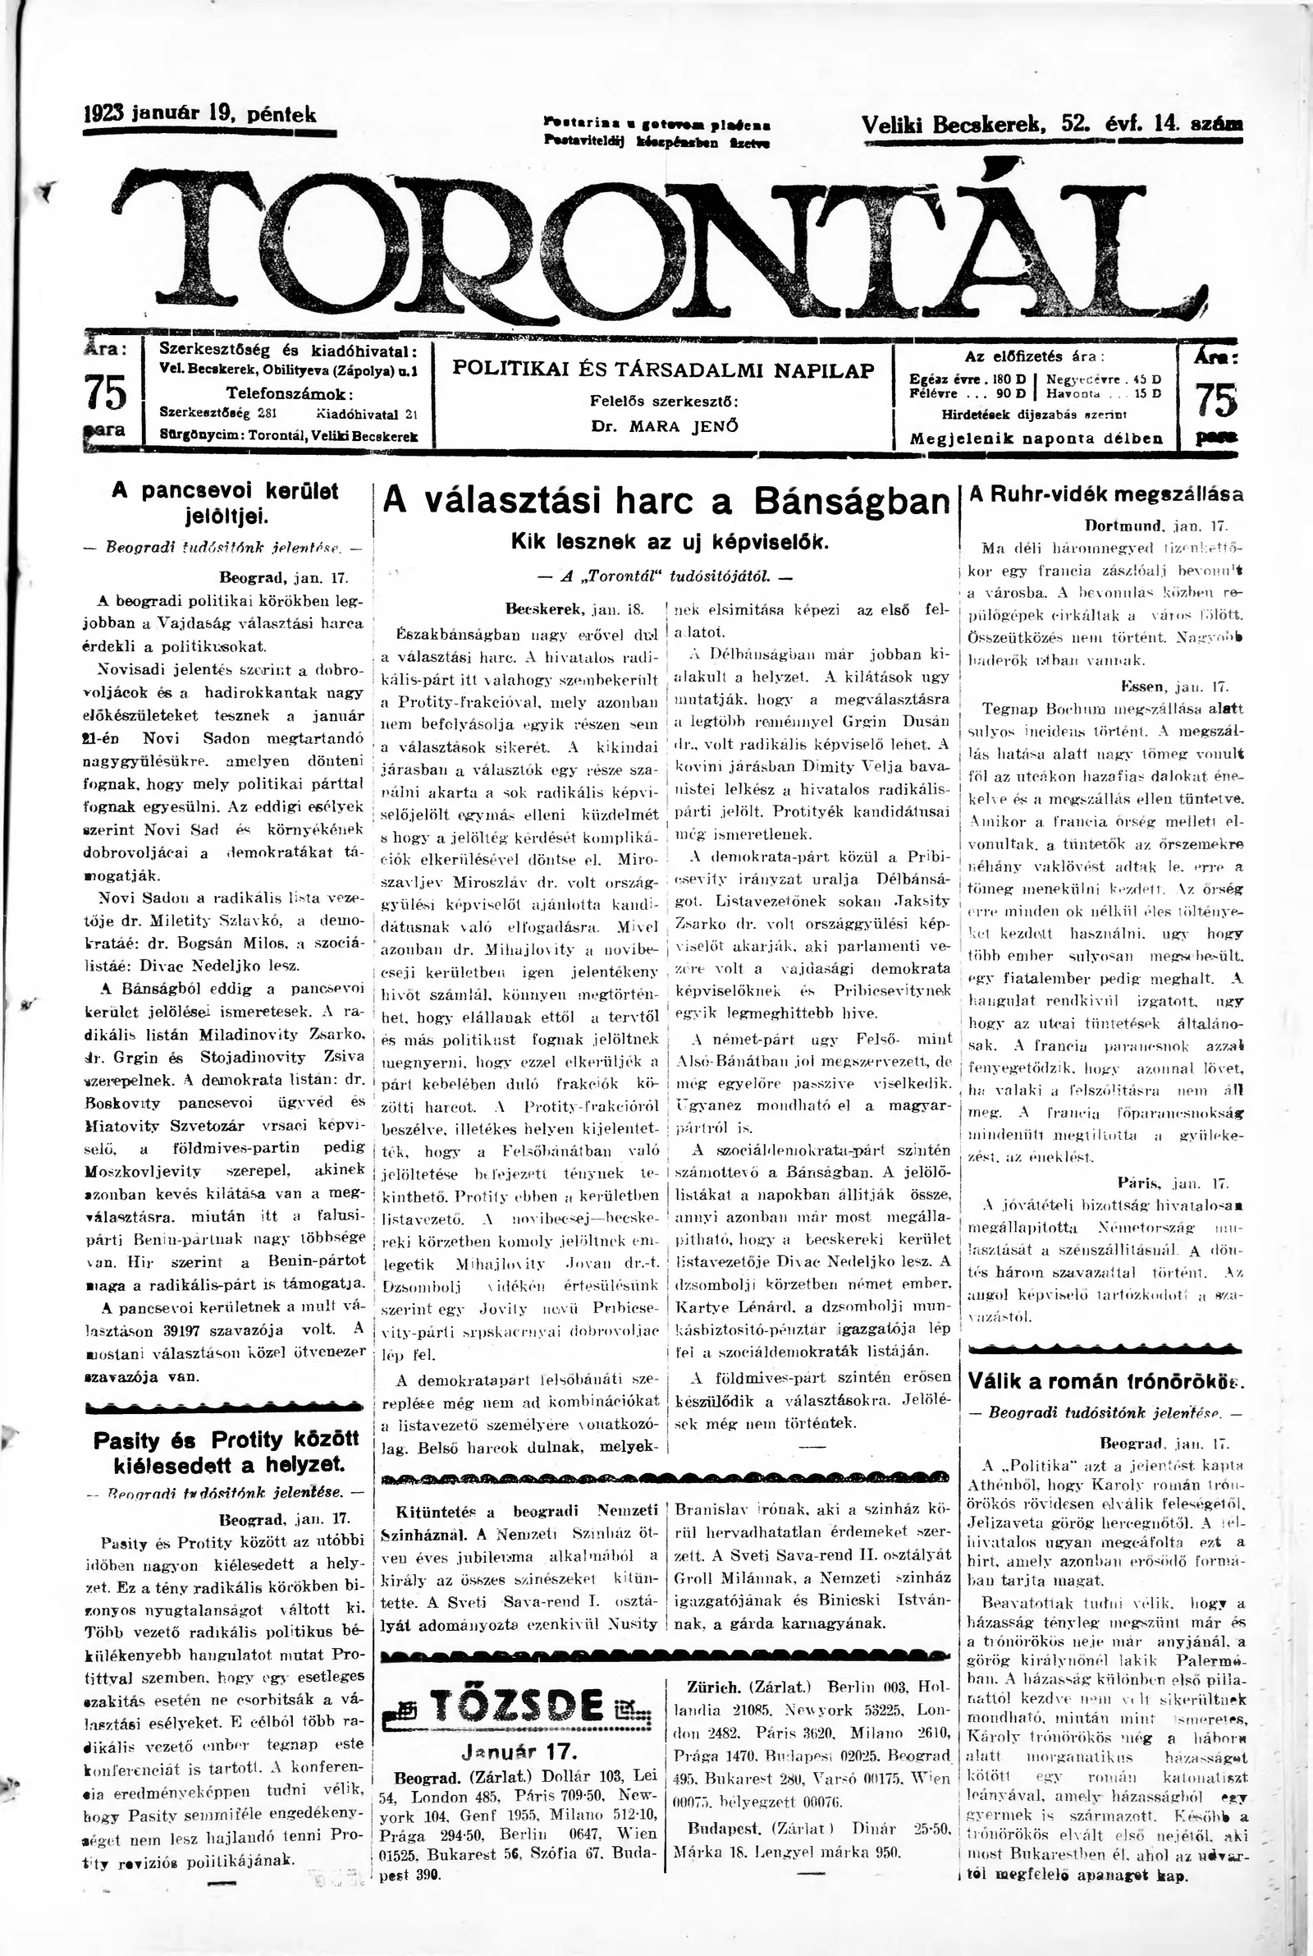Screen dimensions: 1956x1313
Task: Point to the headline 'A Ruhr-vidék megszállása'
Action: [x=1105, y=494]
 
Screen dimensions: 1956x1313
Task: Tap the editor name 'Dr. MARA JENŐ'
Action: [x=665, y=425]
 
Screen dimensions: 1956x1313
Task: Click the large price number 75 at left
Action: [x=107, y=391]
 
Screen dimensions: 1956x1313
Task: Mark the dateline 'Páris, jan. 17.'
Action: [x=1172, y=1183]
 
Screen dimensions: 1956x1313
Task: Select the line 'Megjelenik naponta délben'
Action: [x=1036, y=438]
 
